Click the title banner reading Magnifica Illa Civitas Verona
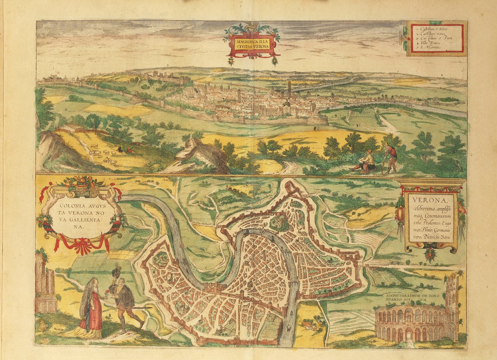click(252, 43)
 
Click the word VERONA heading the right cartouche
click(422, 198)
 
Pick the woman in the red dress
click(90, 308)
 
